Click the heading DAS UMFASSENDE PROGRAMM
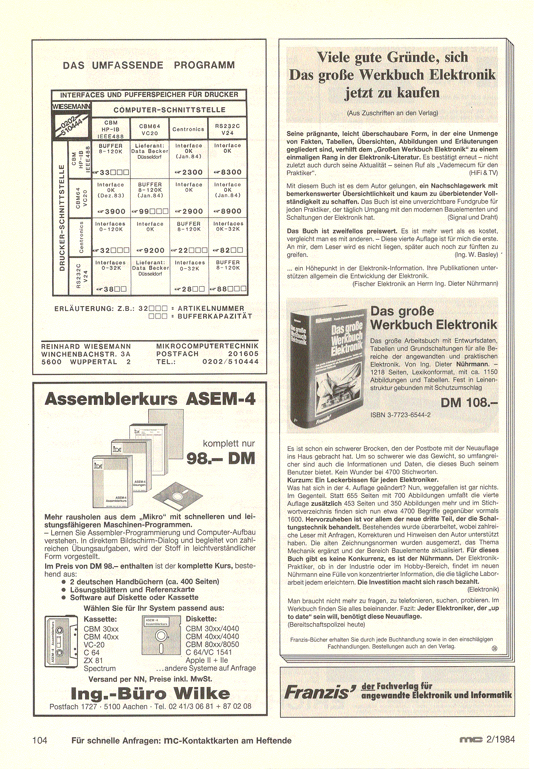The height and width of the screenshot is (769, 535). point(149,66)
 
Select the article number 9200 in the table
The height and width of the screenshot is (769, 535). point(153,250)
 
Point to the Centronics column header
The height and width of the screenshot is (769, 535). point(188,129)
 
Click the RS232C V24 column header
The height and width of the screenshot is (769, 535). point(227,129)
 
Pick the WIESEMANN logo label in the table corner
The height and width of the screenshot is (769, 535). point(71,106)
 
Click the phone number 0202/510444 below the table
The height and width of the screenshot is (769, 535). point(230,362)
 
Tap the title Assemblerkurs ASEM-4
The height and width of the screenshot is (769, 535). point(150,399)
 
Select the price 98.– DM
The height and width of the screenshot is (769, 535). point(221,458)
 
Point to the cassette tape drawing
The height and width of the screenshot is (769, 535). point(62,641)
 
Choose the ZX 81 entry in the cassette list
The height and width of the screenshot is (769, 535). point(93,660)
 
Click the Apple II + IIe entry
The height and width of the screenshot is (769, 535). point(207,660)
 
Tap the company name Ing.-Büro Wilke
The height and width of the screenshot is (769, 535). point(150,694)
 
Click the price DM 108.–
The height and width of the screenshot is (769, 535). point(469,403)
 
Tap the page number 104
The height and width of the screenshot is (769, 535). point(40,740)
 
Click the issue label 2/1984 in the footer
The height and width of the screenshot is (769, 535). point(500,739)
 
